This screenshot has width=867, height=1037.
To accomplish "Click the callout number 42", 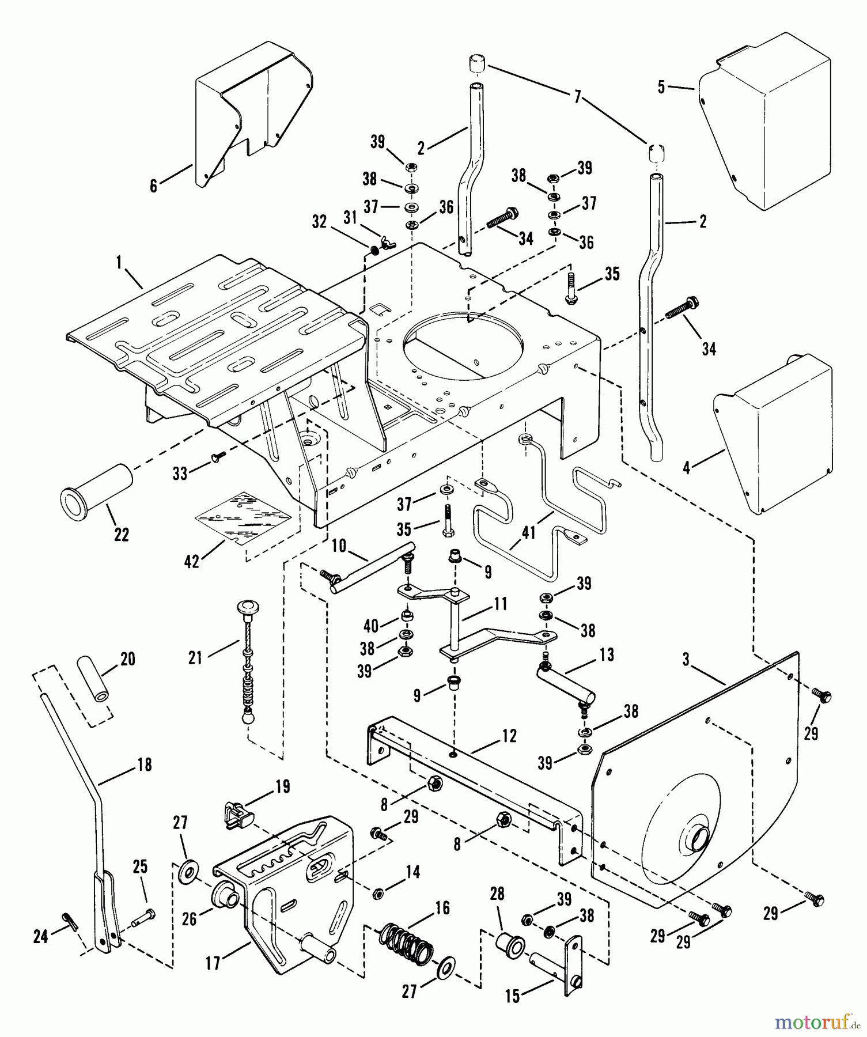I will click(191, 561).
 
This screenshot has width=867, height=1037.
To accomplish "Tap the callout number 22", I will click(122, 534).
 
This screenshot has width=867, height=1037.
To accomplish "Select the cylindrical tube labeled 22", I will click(96, 489).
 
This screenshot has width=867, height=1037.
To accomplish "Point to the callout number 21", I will click(196, 657).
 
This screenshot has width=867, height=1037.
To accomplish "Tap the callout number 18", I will click(144, 764).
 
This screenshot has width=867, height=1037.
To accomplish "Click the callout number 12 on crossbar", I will click(509, 736).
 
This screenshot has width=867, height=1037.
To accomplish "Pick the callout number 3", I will click(686, 660).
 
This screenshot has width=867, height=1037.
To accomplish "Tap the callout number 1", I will click(119, 263).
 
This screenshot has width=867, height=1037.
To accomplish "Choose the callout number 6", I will click(153, 186).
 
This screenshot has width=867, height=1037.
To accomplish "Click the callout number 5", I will click(661, 87).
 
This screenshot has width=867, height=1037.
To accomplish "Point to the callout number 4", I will click(686, 468).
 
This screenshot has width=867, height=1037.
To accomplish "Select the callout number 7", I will click(578, 97).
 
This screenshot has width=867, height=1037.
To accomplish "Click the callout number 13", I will click(607, 654).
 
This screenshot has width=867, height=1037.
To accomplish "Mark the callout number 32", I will click(319, 221).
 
